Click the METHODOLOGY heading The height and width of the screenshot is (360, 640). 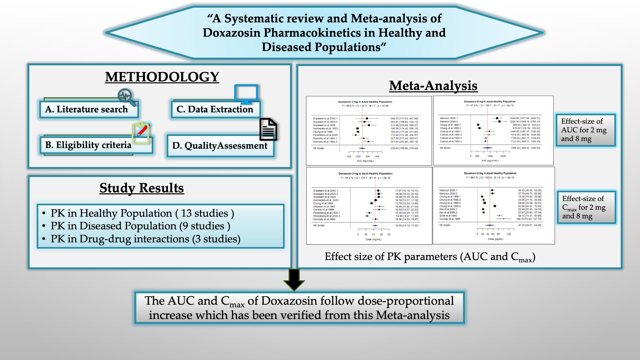point(162,77)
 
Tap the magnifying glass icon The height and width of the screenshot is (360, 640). point(126,97)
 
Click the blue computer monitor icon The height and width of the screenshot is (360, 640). point(246,94)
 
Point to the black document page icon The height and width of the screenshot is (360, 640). point(268,129)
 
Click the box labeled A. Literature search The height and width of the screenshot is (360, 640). point(89,109)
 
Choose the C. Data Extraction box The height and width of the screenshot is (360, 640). point(215,109)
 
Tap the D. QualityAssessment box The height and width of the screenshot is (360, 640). point(220,146)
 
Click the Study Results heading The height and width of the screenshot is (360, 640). point(142,188)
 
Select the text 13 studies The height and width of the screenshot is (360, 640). point(204,213)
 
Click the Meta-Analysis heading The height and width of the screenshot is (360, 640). point(433,86)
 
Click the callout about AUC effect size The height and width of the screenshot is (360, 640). point(585,130)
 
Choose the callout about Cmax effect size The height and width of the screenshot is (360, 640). point(586,207)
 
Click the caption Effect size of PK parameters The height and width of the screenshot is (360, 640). point(430,257)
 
